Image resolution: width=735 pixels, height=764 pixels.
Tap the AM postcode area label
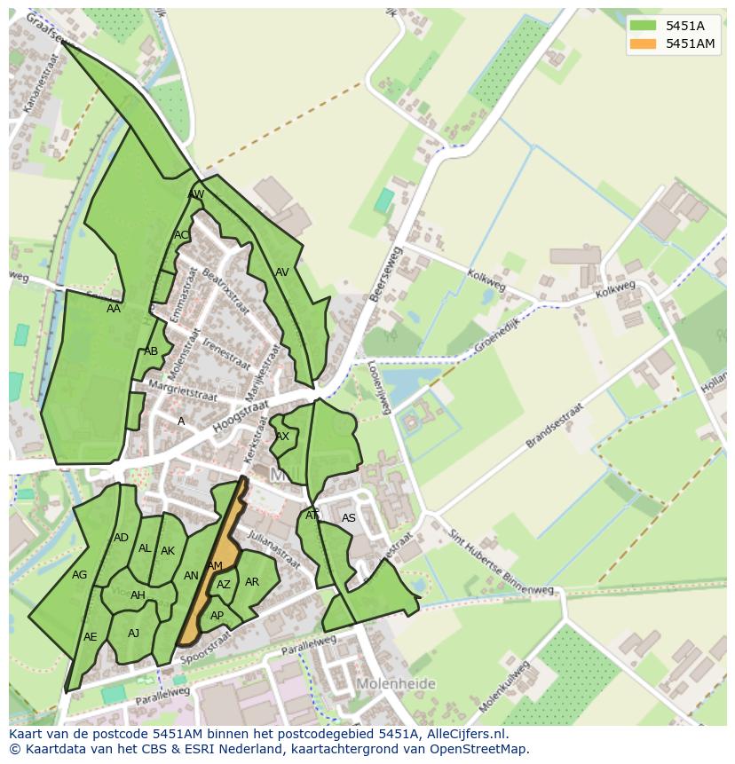(214, 566)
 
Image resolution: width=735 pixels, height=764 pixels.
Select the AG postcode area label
(80, 575)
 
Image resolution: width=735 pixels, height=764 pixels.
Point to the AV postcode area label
(282, 272)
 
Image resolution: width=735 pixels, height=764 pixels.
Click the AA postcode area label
(114, 309)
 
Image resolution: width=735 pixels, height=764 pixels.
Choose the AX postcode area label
(282, 437)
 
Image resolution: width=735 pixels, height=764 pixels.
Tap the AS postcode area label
(349, 518)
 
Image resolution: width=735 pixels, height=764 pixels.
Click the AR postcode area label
(252, 582)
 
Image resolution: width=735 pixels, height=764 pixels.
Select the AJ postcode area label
(134, 633)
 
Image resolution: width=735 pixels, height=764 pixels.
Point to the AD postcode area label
(122, 538)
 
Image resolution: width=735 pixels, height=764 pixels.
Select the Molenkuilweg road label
(505, 685)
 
